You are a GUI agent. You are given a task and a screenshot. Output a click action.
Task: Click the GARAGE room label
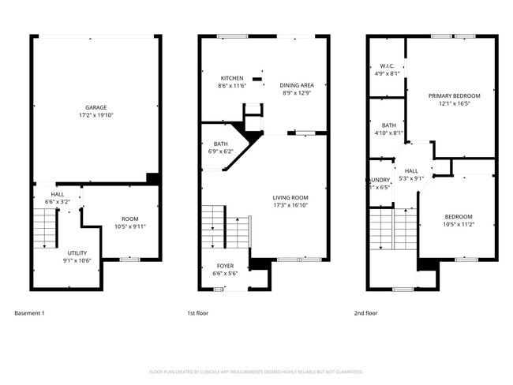point(96,107)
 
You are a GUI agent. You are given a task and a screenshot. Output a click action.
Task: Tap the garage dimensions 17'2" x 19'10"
point(96,115)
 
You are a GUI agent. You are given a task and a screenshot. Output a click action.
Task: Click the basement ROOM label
point(129,219)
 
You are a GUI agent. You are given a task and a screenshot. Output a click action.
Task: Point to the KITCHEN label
point(232,78)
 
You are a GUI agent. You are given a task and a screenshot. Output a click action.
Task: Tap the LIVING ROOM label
point(290,197)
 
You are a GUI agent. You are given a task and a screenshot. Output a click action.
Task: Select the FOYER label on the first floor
point(225,265)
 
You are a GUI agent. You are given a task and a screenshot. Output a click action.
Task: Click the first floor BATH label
point(221,144)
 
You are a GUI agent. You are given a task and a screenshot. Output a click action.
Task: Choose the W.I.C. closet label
point(386,65)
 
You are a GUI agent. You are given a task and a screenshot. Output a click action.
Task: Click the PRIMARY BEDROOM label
point(454,95)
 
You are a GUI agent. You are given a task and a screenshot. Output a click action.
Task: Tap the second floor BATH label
point(388,125)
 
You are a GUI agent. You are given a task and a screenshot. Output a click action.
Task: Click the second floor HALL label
point(411,170)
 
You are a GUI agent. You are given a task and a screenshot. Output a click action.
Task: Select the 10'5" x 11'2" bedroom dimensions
point(458,224)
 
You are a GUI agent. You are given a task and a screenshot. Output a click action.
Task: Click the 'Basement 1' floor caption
point(30,313)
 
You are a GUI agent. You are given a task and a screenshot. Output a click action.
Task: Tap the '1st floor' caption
point(198,313)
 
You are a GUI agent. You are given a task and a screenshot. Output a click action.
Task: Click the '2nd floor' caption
point(365,313)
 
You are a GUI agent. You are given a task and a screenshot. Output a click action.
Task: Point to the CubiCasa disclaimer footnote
point(256,371)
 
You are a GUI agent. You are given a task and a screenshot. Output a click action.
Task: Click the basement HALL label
point(58,194)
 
